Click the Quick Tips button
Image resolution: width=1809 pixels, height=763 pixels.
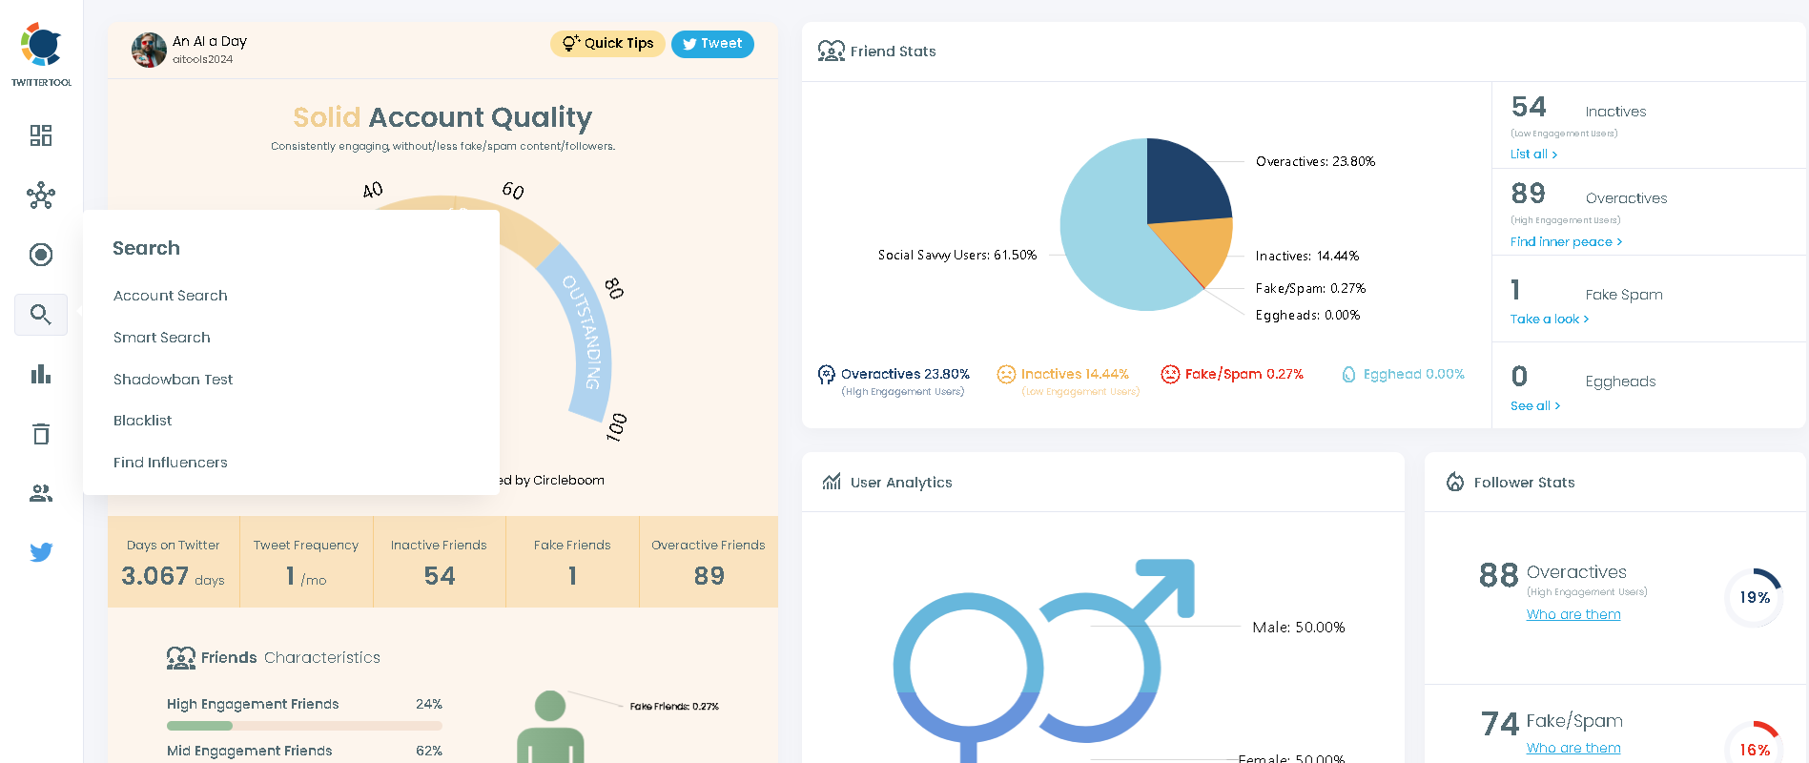click(607, 44)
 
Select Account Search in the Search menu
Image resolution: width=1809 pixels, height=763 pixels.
click(171, 296)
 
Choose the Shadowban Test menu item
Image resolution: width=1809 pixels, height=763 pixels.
click(173, 380)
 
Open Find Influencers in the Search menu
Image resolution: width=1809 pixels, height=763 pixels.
click(171, 463)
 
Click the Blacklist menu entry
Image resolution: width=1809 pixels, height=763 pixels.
click(143, 421)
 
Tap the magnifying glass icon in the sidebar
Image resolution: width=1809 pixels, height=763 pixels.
click(41, 315)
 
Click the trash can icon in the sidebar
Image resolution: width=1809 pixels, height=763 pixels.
click(41, 434)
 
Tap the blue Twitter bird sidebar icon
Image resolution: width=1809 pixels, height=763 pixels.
click(41, 552)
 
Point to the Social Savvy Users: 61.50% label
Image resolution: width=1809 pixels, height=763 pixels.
click(956, 256)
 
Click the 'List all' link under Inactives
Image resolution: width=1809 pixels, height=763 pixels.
click(1533, 155)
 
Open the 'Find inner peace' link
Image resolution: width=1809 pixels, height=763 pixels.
click(1565, 242)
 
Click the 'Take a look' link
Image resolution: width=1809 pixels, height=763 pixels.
click(1549, 320)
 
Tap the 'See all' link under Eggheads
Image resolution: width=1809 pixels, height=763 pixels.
click(1534, 406)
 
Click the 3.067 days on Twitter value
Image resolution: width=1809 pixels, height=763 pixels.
click(155, 576)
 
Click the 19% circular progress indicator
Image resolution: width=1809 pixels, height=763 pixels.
click(1754, 598)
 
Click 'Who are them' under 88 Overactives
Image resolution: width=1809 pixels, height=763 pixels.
click(1573, 615)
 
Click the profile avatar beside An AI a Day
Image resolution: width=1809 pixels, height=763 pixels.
click(149, 50)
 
